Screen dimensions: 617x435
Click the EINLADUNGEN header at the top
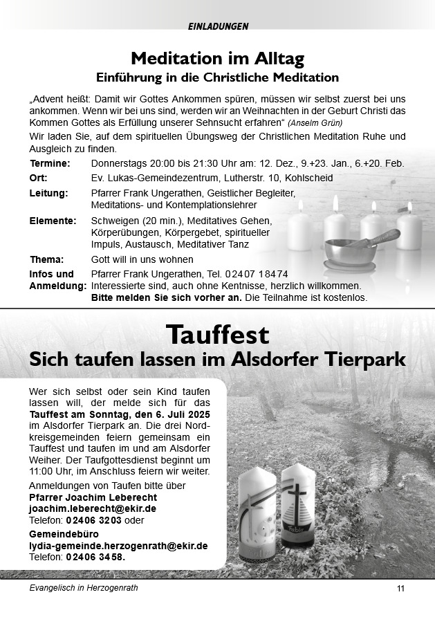pos(217,26)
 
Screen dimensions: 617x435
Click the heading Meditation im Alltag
pos(217,57)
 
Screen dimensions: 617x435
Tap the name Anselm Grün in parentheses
pos(309,123)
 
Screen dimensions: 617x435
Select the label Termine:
pos(50,164)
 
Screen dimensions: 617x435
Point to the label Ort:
pos(39,178)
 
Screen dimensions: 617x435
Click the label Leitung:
pos(48,193)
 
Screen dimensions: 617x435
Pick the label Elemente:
pos(53,221)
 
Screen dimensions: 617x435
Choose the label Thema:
pos(46,259)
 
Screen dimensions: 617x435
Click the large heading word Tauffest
pos(217,335)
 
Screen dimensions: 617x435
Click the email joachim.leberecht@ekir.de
pos(92,508)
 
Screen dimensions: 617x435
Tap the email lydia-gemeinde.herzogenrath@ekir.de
pos(118,546)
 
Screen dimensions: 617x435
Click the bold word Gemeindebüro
pos(64,535)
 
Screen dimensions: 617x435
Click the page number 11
pos(401,589)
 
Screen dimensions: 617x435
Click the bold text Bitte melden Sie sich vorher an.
pos(166,297)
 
